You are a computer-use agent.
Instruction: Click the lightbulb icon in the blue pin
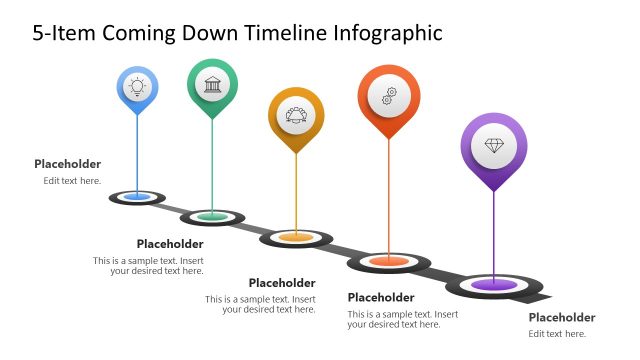(x=137, y=86)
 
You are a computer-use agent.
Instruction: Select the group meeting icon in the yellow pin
(x=296, y=115)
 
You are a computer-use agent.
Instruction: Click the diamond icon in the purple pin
(x=494, y=146)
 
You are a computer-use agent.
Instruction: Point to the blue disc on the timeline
(x=137, y=197)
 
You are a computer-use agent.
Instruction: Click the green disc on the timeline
(x=212, y=216)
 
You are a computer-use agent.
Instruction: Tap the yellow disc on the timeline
(x=295, y=238)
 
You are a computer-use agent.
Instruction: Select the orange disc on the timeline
(x=388, y=262)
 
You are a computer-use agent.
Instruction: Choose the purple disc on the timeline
(x=493, y=285)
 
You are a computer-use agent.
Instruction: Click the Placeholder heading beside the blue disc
(x=67, y=164)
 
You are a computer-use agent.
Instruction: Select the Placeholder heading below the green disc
(x=170, y=244)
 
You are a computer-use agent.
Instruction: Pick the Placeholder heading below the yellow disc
(x=282, y=283)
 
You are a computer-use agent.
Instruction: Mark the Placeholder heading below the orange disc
(x=381, y=297)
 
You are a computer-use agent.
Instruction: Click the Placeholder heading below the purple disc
(x=562, y=317)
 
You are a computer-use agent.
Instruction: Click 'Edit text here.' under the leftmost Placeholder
(x=72, y=181)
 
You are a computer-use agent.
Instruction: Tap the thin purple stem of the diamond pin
(x=494, y=235)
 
